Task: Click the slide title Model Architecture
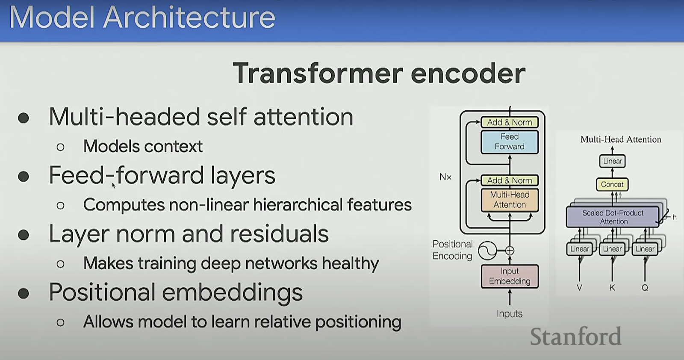click(x=142, y=17)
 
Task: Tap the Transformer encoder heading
click(x=379, y=73)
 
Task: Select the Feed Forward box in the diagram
click(x=509, y=142)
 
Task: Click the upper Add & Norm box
click(x=509, y=122)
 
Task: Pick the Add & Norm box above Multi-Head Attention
click(x=509, y=180)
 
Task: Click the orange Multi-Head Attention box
click(x=509, y=200)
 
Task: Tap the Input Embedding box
click(x=509, y=276)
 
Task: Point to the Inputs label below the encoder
click(x=509, y=313)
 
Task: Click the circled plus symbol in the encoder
click(x=510, y=251)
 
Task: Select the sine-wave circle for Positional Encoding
click(x=487, y=251)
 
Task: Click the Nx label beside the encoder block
click(x=445, y=177)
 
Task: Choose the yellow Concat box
click(x=612, y=184)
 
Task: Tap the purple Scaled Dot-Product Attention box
click(x=612, y=217)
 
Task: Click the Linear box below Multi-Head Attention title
click(x=612, y=161)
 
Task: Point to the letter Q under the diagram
click(x=645, y=288)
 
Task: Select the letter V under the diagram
click(x=579, y=288)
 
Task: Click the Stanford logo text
click(x=575, y=336)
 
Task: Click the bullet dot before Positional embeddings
click(x=24, y=293)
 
